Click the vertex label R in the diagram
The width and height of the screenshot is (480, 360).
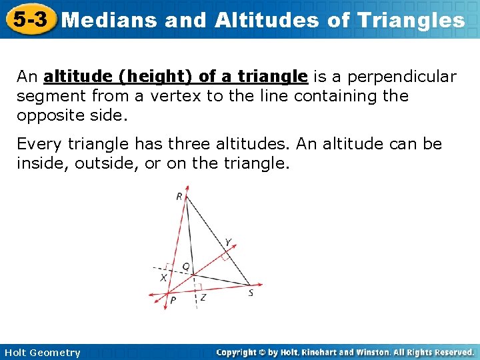[x=179, y=196]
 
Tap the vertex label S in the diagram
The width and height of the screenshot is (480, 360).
[x=251, y=293]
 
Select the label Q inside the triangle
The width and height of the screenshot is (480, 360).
[x=186, y=266]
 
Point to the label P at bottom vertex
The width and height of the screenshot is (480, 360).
[x=173, y=300]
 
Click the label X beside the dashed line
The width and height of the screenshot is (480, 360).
[x=163, y=277]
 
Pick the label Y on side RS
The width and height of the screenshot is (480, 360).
[x=228, y=242]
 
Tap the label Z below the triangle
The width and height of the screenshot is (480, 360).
[x=203, y=297]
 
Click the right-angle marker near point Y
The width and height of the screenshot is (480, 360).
[x=225, y=255]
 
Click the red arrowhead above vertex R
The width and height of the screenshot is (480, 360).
[x=187, y=189]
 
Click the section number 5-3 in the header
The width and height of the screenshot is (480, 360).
[x=28, y=19]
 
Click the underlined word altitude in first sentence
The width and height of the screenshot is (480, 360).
[x=72, y=77]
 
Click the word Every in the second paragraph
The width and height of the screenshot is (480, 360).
[x=37, y=144]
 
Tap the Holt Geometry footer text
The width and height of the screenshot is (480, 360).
[x=42, y=353]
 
